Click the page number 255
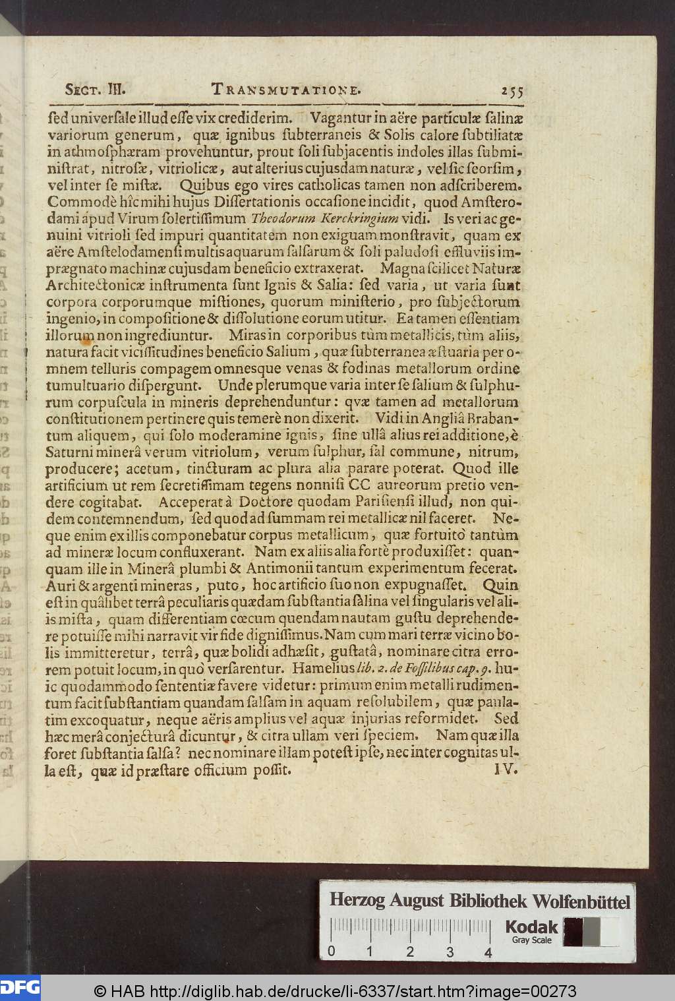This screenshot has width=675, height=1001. click(x=511, y=91)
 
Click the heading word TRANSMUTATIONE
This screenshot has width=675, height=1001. click(x=285, y=90)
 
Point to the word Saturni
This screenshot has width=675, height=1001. click(x=69, y=452)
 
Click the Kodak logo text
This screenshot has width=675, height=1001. click(x=531, y=927)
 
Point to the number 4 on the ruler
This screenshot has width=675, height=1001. click(x=488, y=952)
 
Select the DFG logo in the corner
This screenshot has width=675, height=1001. click(x=20, y=987)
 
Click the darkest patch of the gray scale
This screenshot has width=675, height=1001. click(x=573, y=932)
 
